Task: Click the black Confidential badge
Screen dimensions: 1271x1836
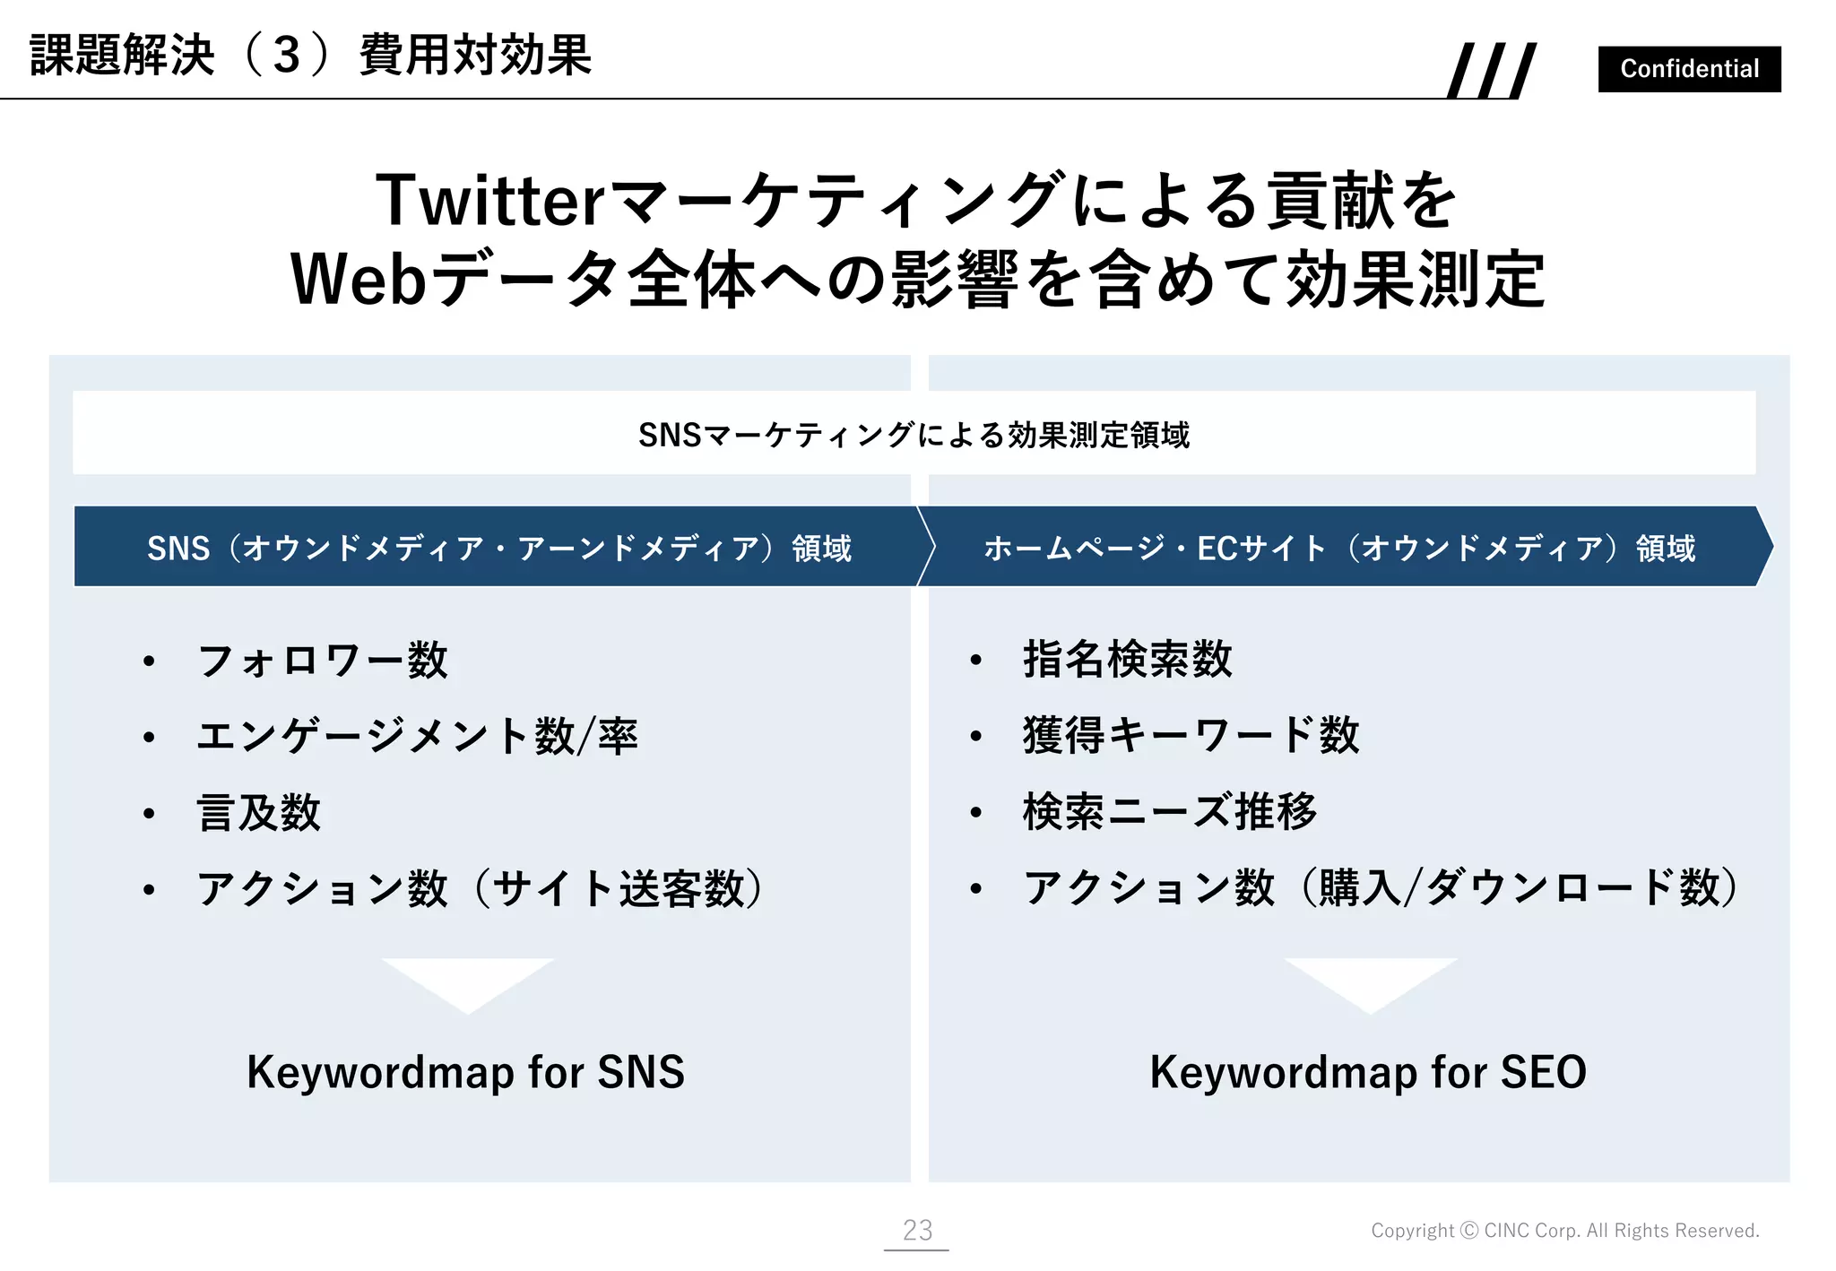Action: [x=1689, y=69]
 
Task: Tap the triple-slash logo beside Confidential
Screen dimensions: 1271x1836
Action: [x=1492, y=70]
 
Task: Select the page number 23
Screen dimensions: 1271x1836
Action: [x=917, y=1230]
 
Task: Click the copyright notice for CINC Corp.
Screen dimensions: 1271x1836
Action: [x=1564, y=1231]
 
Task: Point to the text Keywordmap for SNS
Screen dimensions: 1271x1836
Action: [x=465, y=1072]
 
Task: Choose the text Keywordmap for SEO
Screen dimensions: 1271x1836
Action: [x=1368, y=1072]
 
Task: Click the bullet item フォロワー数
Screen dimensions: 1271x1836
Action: [x=322, y=661]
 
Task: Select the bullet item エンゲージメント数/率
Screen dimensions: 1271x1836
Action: [x=417, y=737]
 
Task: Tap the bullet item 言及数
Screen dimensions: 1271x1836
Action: [x=259, y=813]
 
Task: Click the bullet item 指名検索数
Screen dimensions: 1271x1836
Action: [x=1128, y=660]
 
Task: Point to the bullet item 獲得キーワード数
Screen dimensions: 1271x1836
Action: [x=1191, y=736]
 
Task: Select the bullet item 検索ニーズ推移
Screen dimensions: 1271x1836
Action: [x=1170, y=812]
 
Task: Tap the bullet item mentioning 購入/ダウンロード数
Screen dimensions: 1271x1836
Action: [x=1381, y=888]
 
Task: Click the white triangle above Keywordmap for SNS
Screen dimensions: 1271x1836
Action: [x=468, y=981]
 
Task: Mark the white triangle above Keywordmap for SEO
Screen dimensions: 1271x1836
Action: [x=1371, y=981]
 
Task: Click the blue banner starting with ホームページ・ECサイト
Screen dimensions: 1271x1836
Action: [x=1340, y=548]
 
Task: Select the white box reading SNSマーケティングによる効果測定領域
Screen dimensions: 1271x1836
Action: [x=914, y=434]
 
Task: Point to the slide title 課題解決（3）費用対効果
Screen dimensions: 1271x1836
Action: [x=310, y=56]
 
